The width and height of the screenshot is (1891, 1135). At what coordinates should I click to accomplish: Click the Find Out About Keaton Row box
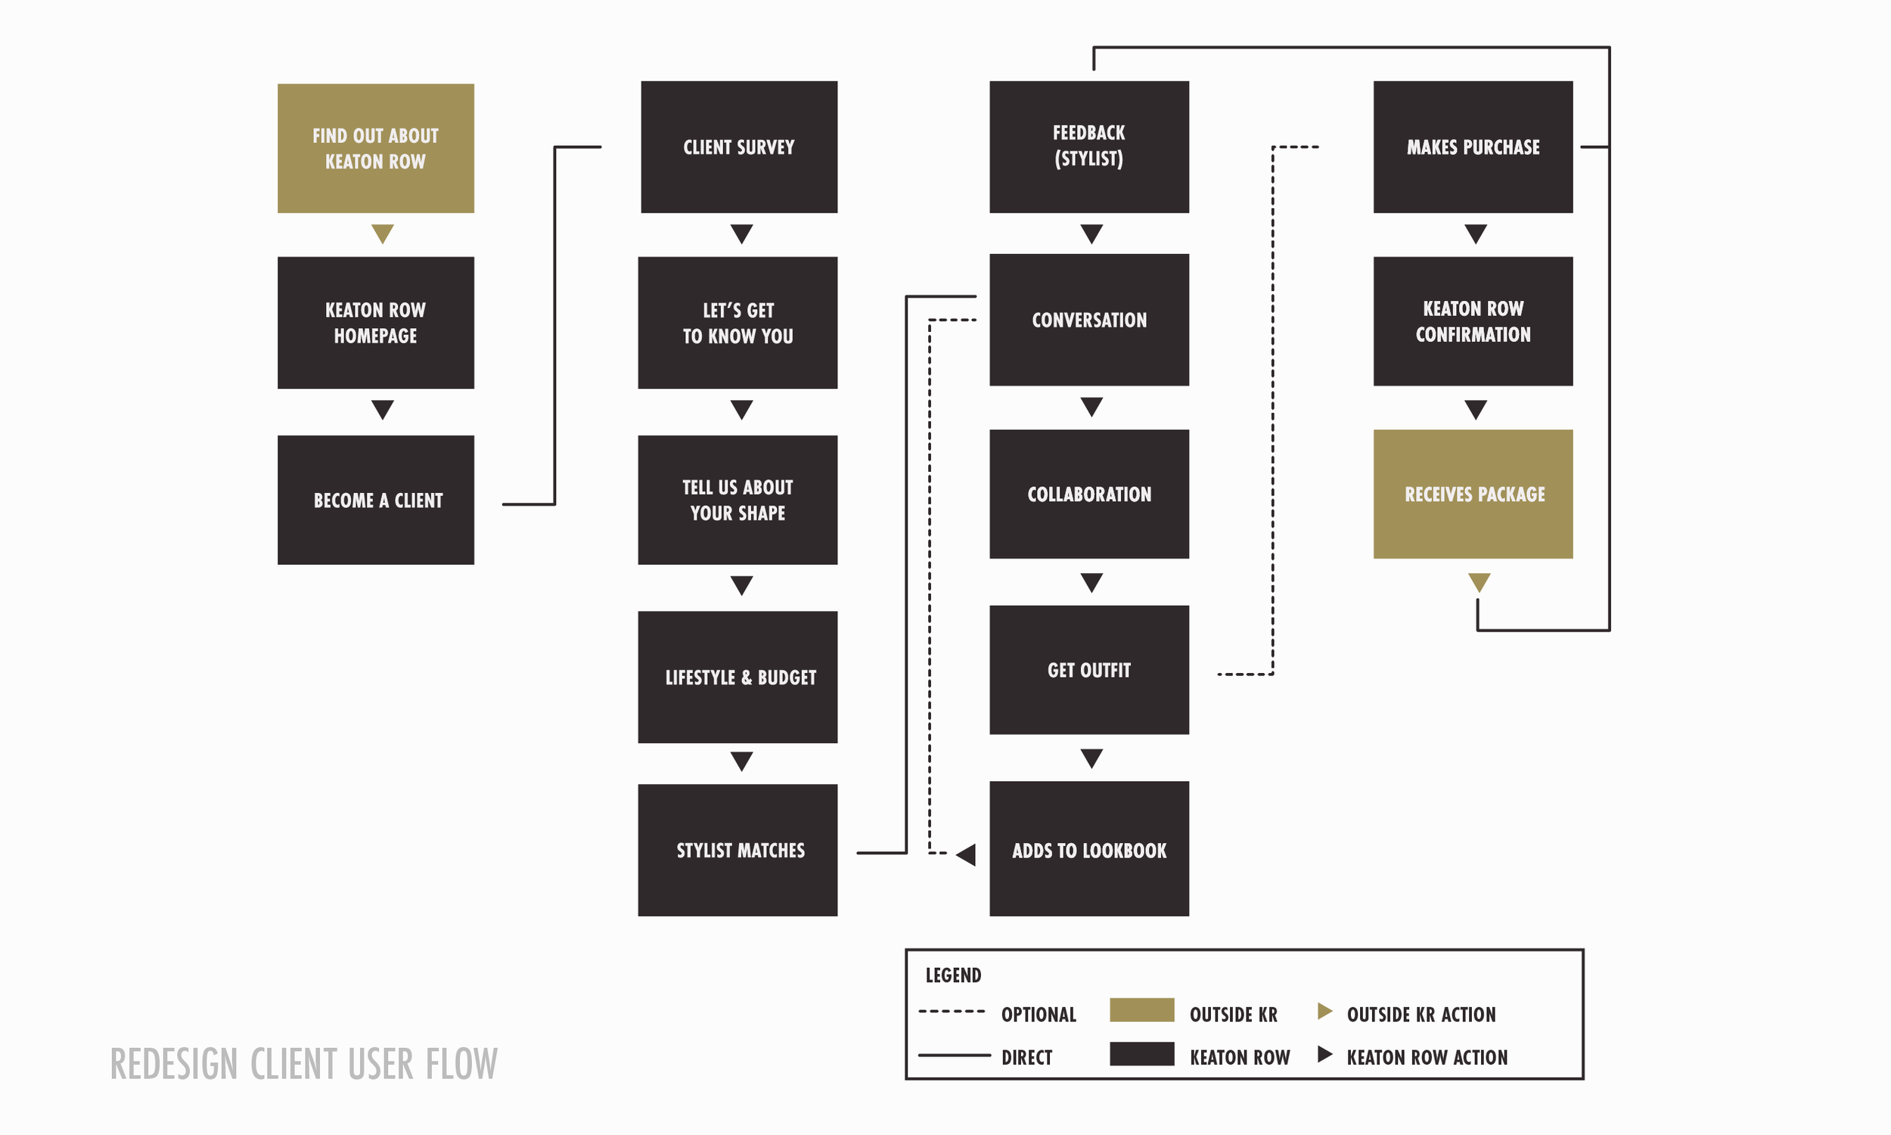tap(376, 148)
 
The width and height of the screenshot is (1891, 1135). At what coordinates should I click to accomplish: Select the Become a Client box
tap(376, 500)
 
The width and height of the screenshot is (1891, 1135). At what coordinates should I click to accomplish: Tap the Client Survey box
tap(739, 147)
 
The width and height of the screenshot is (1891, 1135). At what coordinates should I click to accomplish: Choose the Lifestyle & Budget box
tap(737, 677)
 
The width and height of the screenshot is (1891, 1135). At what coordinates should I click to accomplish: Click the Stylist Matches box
tap(737, 850)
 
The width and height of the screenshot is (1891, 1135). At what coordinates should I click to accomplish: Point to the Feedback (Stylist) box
tap(1088, 147)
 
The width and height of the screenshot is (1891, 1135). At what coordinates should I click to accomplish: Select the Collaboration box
tap(1088, 494)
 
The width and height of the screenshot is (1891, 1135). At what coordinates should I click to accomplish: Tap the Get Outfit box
tap(1088, 670)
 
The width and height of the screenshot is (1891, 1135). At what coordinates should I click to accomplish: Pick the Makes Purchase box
tap(1473, 147)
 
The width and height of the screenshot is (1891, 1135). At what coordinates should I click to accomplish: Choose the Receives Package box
tap(1473, 494)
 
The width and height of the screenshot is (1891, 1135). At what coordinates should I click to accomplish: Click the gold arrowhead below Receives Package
tap(1479, 582)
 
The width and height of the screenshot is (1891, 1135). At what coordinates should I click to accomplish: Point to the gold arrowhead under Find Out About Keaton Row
tap(383, 232)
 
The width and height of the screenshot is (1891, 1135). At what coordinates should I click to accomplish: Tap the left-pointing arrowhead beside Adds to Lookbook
tap(967, 854)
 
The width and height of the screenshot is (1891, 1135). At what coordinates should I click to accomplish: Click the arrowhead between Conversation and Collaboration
tap(1091, 406)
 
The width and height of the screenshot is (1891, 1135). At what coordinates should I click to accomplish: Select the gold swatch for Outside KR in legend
tap(1141, 1009)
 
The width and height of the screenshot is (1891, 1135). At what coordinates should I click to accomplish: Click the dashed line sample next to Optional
tap(952, 1011)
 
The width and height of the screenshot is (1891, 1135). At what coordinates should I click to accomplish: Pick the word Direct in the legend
tap(1026, 1057)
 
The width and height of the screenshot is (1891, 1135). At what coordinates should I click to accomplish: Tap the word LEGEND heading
tap(953, 975)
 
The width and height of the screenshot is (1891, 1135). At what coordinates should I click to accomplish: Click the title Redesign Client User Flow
tap(303, 1064)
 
